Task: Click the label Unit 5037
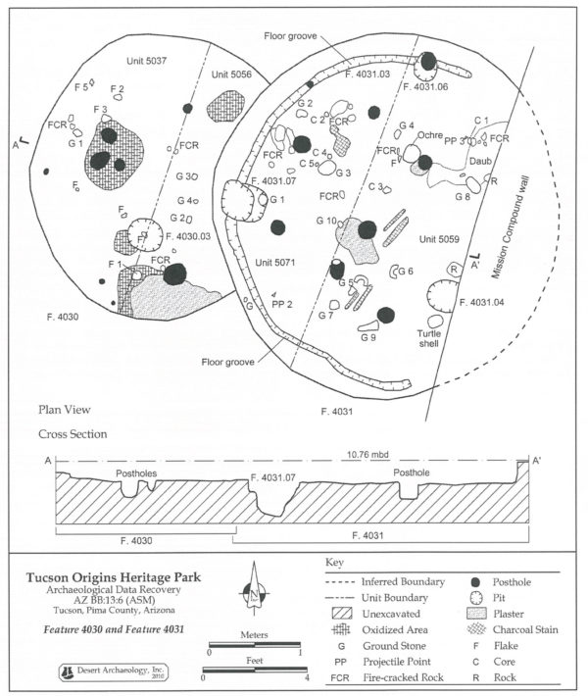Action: coord(147,62)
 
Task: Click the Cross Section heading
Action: coord(73,434)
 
